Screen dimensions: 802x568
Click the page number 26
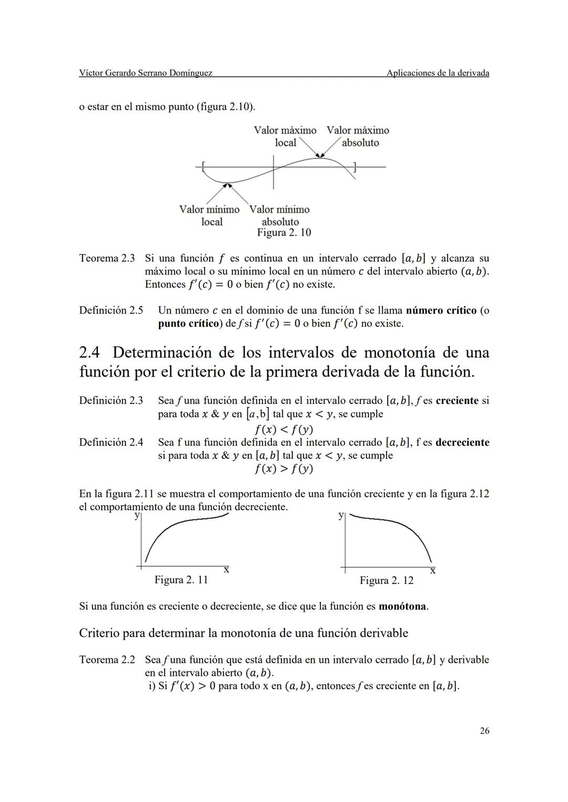[x=484, y=731]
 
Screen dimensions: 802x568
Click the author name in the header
[x=146, y=73]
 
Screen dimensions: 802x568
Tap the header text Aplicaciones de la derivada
[x=438, y=73]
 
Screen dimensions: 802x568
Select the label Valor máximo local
[x=285, y=136]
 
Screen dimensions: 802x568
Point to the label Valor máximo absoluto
[x=358, y=136]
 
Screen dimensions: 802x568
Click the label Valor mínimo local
[x=210, y=215]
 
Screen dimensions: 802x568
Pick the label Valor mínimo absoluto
[x=279, y=215]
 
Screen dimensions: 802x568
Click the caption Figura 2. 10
[x=284, y=233]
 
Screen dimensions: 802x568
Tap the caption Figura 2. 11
[x=181, y=580]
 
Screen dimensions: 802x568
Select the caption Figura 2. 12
[x=387, y=580]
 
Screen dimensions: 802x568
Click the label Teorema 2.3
[x=107, y=258]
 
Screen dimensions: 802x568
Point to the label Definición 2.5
[x=111, y=310]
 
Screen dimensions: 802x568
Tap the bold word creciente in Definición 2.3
[x=457, y=401]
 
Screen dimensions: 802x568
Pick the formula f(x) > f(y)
[x=284, y=468]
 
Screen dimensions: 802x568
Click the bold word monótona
[x=402, y=606]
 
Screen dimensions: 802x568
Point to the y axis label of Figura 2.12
[x=341, y=516]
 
